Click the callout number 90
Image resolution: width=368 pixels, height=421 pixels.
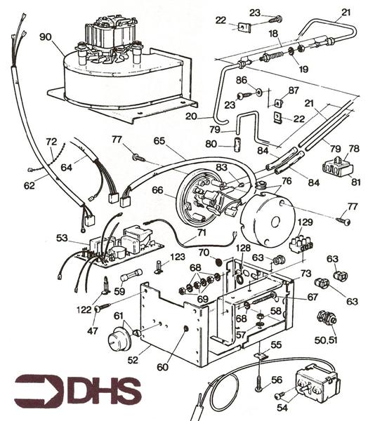tap(46, 36)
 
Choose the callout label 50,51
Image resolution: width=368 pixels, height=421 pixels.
tap(327, 340)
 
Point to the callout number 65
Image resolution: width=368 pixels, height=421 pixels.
tap(159, 141)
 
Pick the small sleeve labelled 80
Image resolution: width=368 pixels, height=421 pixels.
tap(237, 145)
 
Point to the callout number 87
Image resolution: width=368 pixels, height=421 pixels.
tap(294, 91)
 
